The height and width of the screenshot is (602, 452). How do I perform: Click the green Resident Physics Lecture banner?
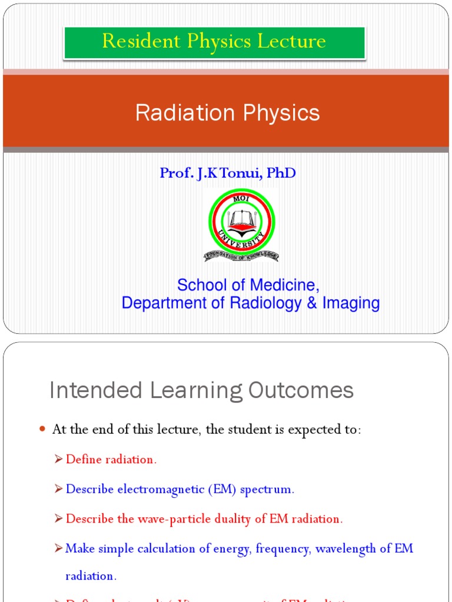pyautogui.click(x=214, y=42)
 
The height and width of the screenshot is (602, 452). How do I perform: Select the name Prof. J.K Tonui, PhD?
pyautogui.click(x=227, y=173)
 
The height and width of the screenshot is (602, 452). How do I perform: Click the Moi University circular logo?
pyautogui.click(x=241, y=222)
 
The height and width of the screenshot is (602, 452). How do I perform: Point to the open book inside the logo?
pyautogui.click(x=241, y=220)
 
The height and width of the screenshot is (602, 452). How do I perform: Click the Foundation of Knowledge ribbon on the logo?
pyautogui.click(x=241, y=256)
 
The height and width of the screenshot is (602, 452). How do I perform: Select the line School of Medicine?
pyautogui.click(x=248, y=285)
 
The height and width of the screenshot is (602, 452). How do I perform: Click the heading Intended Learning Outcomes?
pyautogui.click(x=201, y=390)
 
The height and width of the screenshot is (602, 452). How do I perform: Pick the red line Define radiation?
pyautogui.click(x=111, y=460)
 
